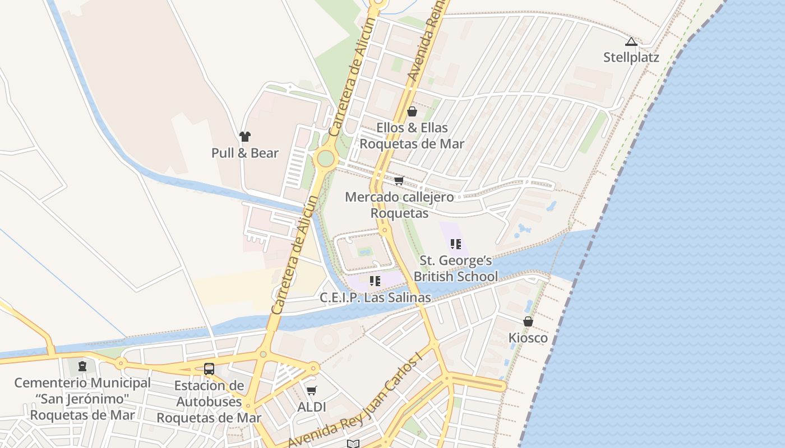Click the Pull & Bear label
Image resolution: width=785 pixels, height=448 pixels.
[x=244, y=153]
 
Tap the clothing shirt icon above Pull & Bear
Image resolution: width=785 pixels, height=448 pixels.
[x=244, y=136]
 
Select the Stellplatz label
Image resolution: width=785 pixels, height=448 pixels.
[x=631, y=57]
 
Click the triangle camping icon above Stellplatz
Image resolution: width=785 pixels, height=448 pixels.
[x=631, y=41]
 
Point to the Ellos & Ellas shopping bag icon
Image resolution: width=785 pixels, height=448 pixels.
[x=412, y=111]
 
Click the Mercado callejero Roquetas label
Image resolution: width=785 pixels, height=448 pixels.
[x=399, y=205]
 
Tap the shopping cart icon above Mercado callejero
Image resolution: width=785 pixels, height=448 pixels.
[x=399, y=180]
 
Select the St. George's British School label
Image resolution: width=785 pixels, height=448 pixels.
[x=455, y=268]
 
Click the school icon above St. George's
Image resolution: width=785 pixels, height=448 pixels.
[x=455, y=244]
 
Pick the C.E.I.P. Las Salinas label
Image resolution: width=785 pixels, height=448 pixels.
[x=375, y=297]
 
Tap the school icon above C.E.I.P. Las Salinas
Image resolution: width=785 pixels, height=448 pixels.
[x=375, y=281]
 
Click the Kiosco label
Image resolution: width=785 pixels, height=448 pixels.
[x=528, y=338]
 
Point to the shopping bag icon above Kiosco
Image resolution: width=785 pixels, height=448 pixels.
[x=528, y=321]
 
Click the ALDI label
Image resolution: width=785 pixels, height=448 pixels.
[x=311, y=407]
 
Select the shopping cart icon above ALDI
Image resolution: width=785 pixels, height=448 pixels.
[x=311, y=390]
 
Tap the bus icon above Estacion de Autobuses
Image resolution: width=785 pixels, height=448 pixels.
[x=209, y=368]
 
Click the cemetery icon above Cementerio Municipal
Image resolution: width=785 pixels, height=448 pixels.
[x=82, y=366]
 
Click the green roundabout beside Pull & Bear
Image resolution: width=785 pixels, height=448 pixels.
[x=325, y=158]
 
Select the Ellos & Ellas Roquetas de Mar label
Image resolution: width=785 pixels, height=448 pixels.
[x=412, y=136]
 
